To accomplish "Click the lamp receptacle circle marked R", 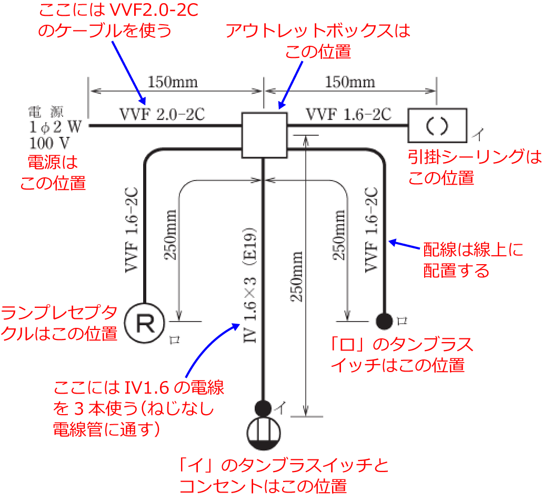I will [145, 322].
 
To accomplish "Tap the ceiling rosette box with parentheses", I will [437, 125].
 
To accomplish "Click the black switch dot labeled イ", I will [263, 407].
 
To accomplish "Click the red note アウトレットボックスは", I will [318, 31].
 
